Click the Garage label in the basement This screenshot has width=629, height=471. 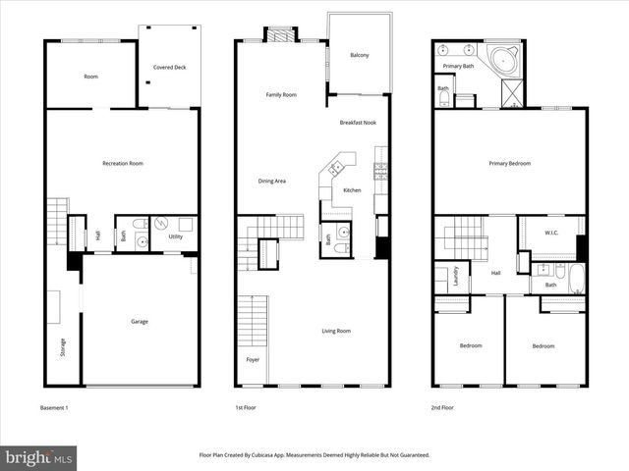tap(141, 321)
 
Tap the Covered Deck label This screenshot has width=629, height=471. tap(169, 68)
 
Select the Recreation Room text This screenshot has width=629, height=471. tap(123, 163)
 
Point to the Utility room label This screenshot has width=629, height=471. tap(175, 236)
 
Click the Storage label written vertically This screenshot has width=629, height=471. tap(63, 346)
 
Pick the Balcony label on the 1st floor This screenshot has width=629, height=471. tap(360, 55)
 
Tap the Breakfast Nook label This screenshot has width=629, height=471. tap(358, 123)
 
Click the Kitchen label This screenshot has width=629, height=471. tap(352, 189)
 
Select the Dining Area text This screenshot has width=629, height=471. tap(272, 181)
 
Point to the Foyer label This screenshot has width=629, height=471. tap(253, 359)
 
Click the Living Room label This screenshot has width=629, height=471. tap(336, 331)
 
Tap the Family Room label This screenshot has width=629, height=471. tap(281, 95)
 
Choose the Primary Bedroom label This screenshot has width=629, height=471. tap(509, 164)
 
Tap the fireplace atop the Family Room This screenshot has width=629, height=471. tap(281, 35)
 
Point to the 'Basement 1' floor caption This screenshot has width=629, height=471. tap(54, 407)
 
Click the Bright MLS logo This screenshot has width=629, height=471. tap(38, 457)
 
